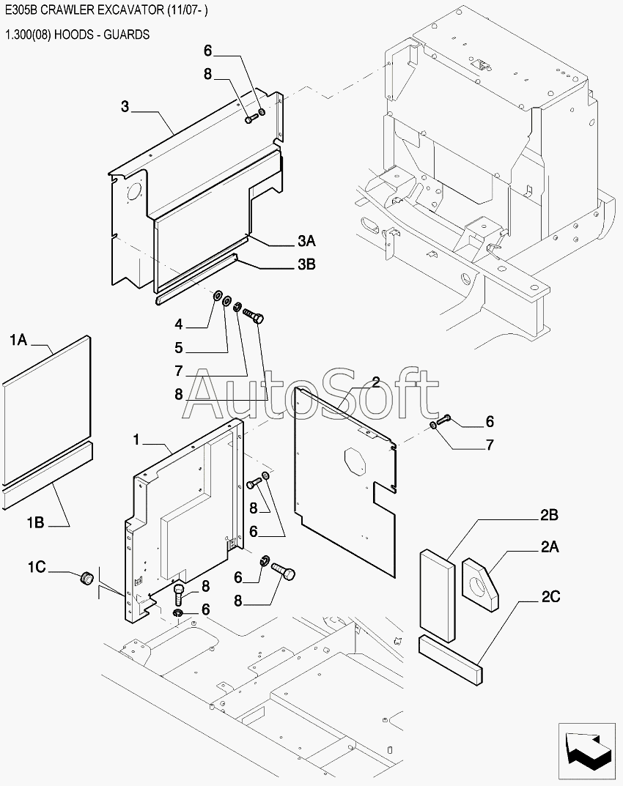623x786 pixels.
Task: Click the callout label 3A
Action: click(306, 241)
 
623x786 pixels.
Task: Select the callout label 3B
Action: click(306, 264)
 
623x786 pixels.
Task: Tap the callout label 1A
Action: click(18, 341)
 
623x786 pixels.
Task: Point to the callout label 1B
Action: click(36, 523)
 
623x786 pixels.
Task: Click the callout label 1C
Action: click(37, 567)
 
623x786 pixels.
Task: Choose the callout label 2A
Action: click(550, 546)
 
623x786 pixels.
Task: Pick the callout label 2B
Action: click(549, 515)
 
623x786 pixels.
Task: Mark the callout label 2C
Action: click(550, 596)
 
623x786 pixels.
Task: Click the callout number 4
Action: click(179, 325)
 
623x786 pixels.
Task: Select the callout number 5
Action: click(179, 348)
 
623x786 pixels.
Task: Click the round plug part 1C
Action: click(87, 577)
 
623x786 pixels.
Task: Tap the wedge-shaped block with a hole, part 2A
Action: click(481, 585)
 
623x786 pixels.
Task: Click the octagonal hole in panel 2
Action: click(355, 461)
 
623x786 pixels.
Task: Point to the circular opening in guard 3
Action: click(134, 193)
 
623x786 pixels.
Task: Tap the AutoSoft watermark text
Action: click(309, 393)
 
